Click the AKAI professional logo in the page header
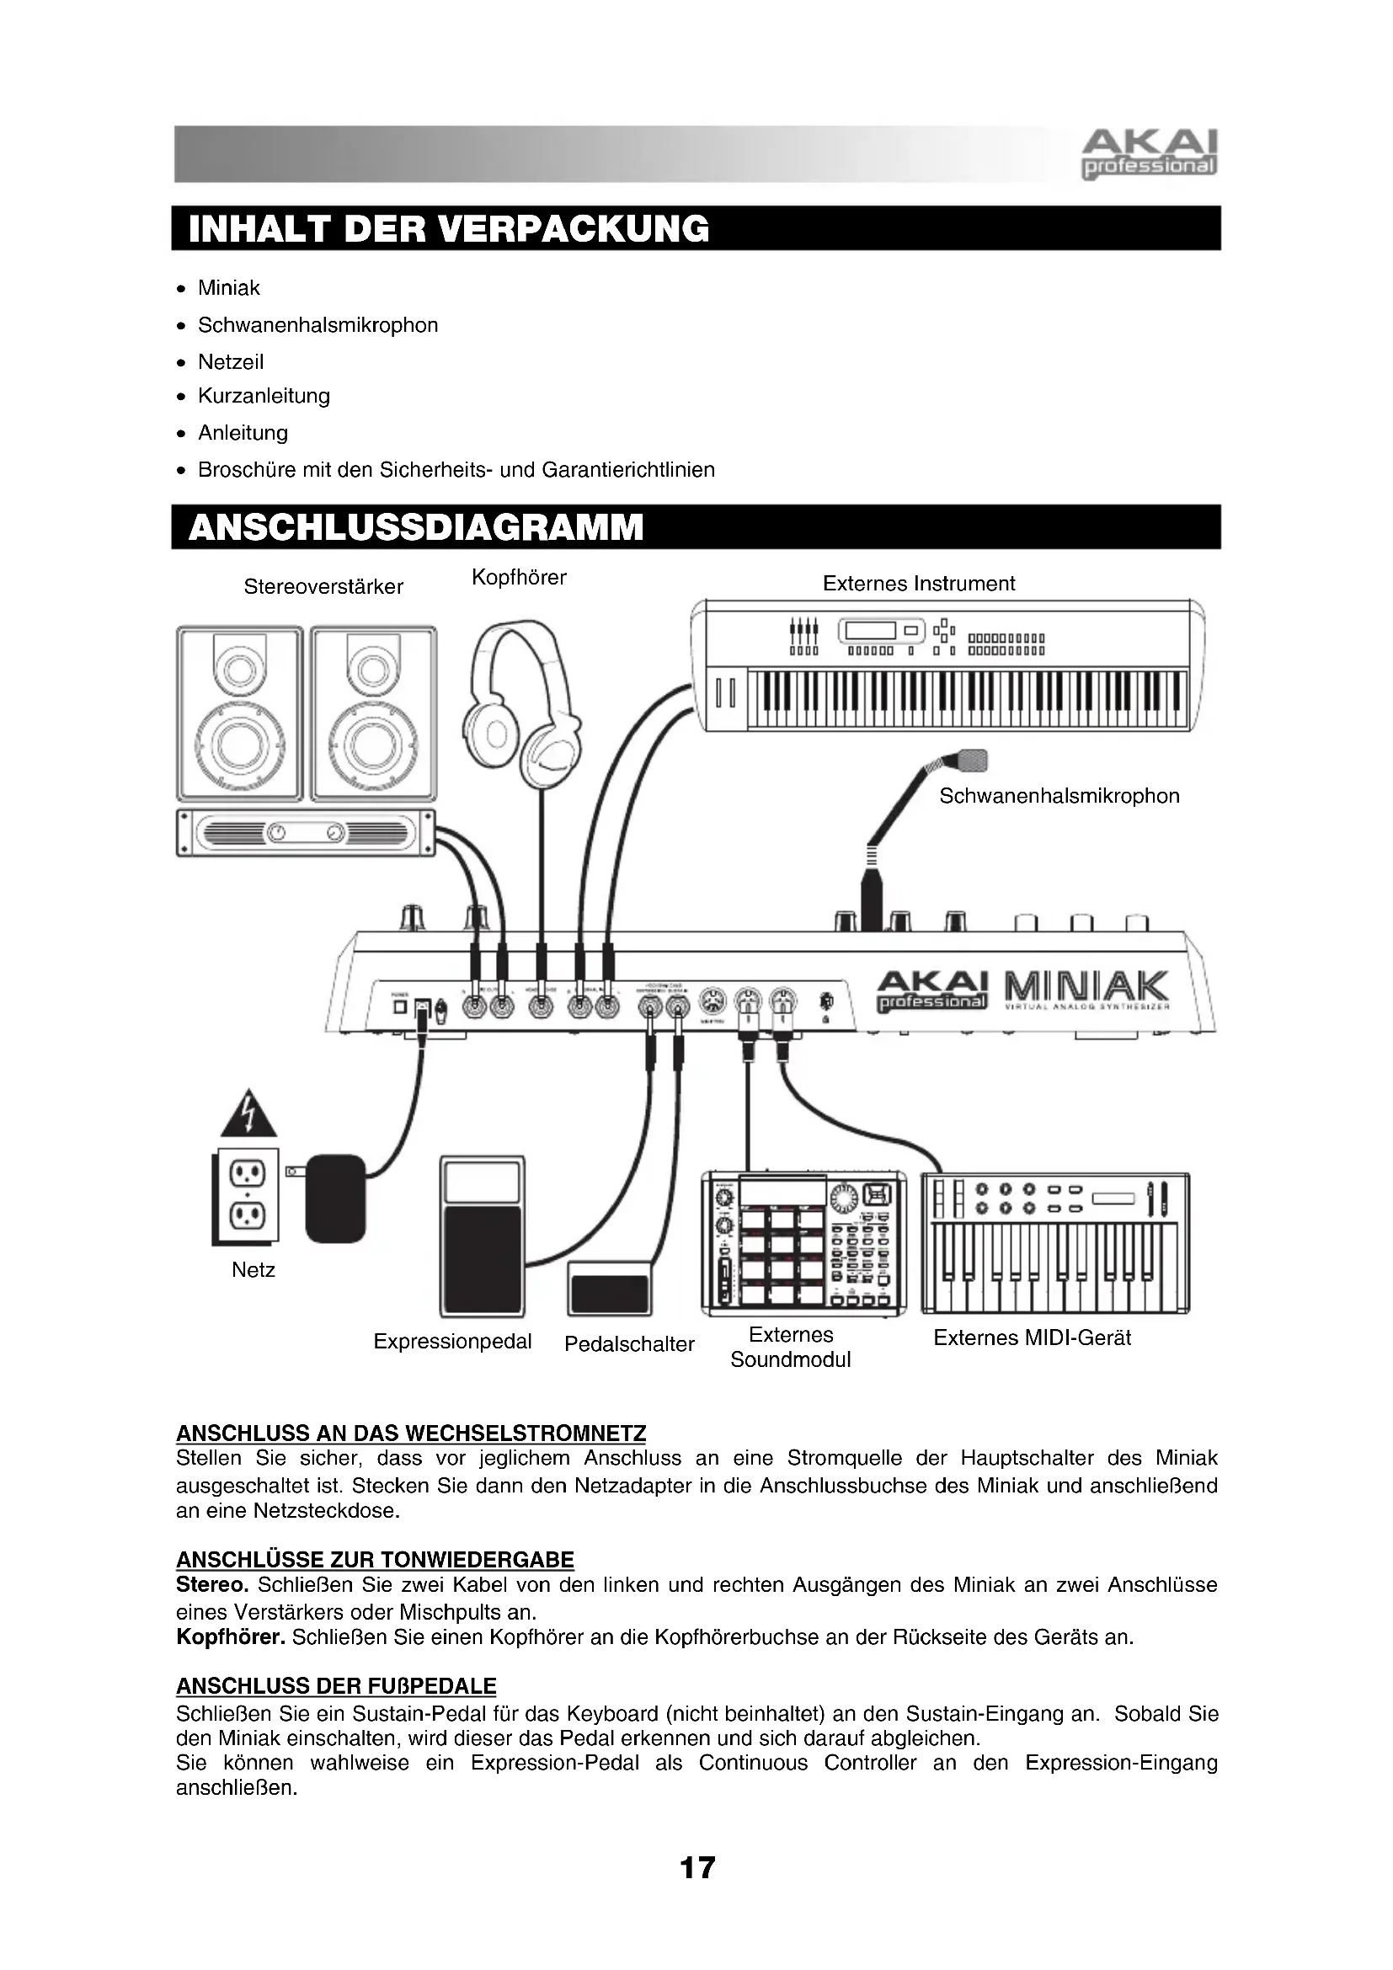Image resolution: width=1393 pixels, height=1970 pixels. click(1149, 153)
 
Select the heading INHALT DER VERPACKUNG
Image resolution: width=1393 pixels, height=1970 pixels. click(449, 229)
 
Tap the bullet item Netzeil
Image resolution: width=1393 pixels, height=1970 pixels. click(230, 362)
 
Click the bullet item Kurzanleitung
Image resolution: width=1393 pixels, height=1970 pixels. click(264, 396)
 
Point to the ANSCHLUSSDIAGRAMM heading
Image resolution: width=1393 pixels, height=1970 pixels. click(415, 526)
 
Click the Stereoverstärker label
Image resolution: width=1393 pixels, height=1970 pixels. click(323, 587)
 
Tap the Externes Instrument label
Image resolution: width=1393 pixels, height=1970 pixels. click(918, 584)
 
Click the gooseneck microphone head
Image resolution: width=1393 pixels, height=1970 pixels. click(973, 760)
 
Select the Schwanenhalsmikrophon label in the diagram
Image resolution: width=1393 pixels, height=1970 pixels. click(1059, 796)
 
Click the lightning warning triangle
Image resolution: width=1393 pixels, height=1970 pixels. click(248, 1113)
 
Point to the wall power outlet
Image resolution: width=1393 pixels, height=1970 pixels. click(246, 1197)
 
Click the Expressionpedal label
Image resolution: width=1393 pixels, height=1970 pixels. click(452, 1342)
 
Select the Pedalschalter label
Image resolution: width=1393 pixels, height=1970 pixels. click(629, 1344)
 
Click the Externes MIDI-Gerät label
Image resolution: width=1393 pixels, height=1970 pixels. click(1032, 1337)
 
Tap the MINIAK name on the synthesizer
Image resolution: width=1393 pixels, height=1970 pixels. click(1083, 987)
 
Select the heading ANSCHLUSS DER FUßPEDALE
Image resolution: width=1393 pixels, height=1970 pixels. click(336, 1686)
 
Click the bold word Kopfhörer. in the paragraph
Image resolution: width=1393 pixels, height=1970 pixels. click(231, 1637)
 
